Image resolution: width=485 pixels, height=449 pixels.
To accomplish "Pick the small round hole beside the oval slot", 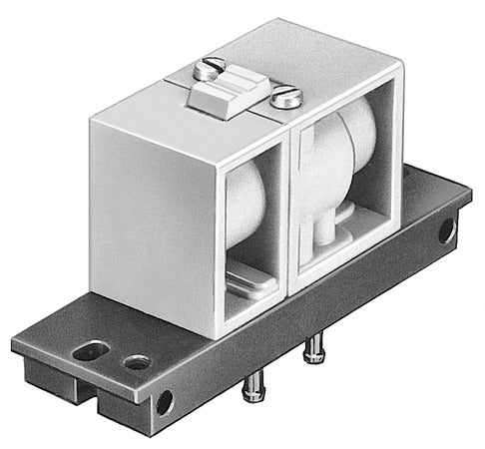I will (x=135, y=361).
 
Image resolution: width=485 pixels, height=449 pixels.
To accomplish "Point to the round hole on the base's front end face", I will (x=165, y=404).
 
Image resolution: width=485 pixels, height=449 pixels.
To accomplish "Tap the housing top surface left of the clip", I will (x=170, y=85).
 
